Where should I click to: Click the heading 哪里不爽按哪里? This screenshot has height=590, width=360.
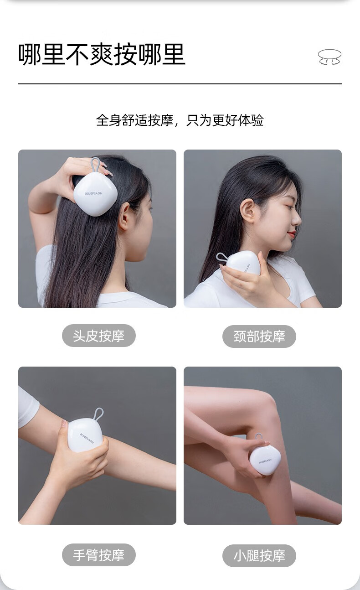coord(102,54)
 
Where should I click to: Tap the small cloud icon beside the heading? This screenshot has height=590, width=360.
coord(329,57)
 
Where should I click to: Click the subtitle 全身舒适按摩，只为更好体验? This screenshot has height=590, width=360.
coord(180,120)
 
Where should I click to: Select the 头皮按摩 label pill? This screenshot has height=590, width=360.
coord(99,336)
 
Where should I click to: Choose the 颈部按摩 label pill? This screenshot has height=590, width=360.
coord(259,336)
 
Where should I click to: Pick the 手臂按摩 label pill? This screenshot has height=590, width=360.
coord(99,555)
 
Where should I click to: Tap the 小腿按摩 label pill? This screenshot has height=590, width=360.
coord(259,555)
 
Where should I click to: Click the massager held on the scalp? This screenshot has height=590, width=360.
coord(92,194)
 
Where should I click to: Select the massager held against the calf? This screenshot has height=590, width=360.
coord(265,461)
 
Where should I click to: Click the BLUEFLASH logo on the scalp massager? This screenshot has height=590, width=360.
coord(94,193)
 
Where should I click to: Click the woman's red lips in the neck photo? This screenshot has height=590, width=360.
coord(292,234)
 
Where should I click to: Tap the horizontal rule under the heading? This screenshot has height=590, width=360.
coord(180,84)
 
